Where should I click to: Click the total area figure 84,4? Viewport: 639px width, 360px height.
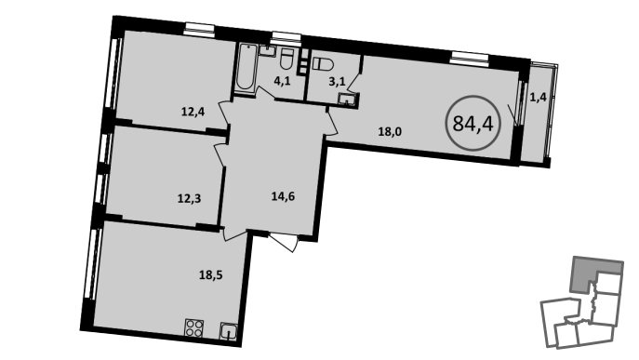[473, 123]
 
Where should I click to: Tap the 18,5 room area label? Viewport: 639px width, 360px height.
[211, 275]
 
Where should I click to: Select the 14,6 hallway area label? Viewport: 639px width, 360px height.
[284, 197]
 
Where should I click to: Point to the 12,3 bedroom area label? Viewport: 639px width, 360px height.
[190, 198]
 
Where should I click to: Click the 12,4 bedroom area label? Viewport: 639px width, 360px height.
[193, 112]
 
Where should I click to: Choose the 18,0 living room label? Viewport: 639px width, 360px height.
[390, 132]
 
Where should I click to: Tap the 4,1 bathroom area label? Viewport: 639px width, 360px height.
[282, 81]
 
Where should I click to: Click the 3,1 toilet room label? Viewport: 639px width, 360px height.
[337, 82]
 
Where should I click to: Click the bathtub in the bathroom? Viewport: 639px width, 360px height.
[246, 68]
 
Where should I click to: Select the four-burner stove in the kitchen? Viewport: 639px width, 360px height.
[194, 327]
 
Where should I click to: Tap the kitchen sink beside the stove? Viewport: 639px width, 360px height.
[229, 331]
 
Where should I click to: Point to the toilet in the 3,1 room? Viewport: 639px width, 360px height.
[323, 64]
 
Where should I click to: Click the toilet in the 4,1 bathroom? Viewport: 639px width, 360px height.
[286, 59]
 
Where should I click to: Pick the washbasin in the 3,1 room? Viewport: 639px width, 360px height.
[347, 100]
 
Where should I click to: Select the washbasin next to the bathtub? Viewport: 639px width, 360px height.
[267, 50]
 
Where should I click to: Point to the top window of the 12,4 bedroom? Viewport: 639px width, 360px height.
[199, 27]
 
